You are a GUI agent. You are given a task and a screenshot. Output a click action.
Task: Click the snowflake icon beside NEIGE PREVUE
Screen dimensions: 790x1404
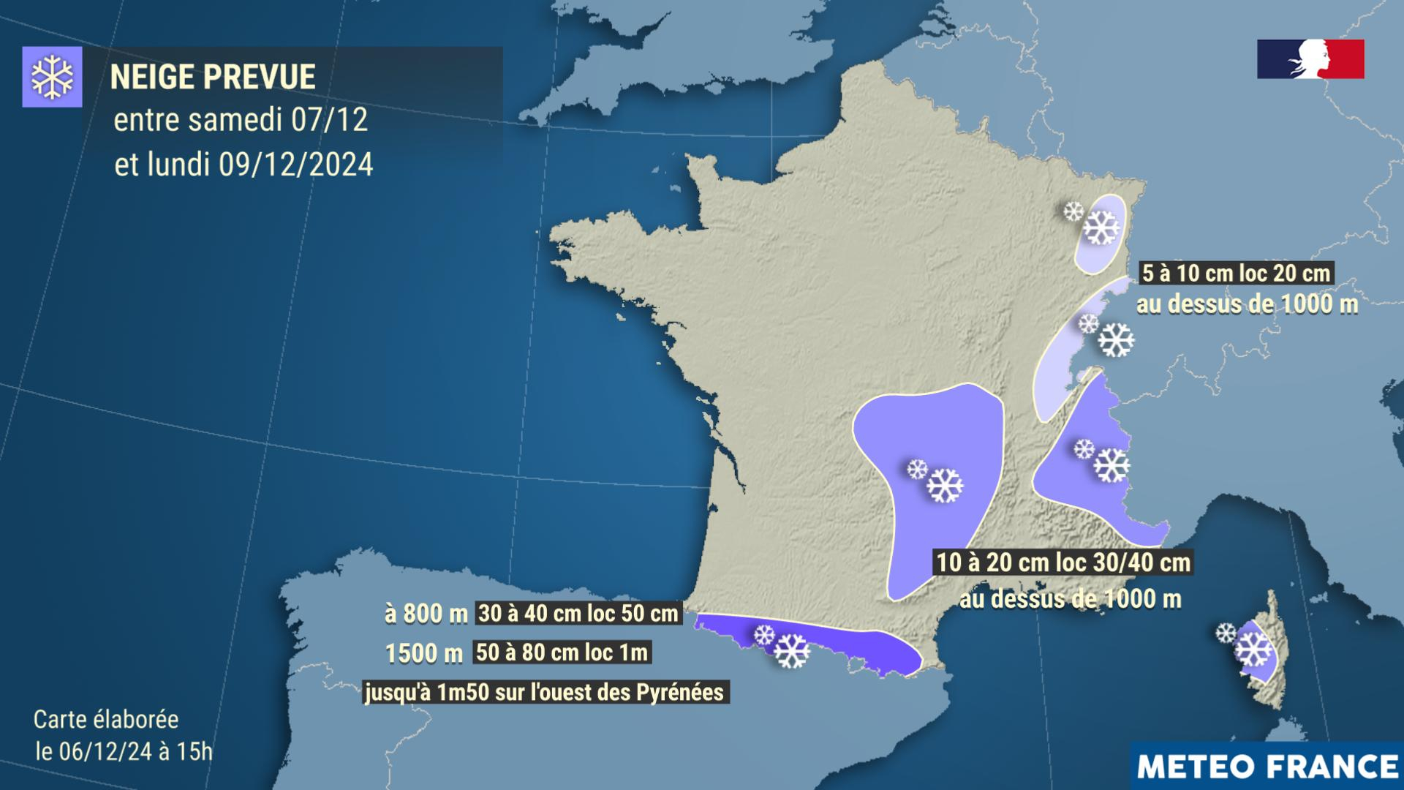(x=52, y=77)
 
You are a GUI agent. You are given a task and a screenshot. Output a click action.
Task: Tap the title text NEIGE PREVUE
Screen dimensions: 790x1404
(x=213, y=77)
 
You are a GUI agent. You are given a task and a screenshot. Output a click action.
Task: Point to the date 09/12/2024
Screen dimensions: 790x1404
(x=296, y=165)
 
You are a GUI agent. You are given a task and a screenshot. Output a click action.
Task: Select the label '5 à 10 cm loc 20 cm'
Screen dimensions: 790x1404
(x=1236, y=274)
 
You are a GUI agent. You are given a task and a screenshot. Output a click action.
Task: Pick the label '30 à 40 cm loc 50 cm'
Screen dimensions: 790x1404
(x=578, y=613)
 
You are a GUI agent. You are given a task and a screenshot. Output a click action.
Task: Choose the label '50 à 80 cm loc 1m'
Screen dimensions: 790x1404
(x=562, y=652)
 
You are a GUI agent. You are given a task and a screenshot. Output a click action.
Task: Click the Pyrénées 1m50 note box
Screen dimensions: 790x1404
(x=545, y=691)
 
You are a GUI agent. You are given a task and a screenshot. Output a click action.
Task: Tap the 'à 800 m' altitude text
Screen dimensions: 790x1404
(x=426, y=614)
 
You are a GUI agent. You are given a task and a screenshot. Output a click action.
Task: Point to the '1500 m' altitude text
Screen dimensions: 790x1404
(x=424, y=652)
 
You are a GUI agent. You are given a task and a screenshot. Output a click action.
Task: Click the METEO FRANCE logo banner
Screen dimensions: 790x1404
(x=1267, y=766)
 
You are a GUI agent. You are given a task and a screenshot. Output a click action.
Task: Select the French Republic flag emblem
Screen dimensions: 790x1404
(x=1310, y=59)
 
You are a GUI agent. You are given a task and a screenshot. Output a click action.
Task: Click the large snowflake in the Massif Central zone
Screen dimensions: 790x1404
(x=945, y=485)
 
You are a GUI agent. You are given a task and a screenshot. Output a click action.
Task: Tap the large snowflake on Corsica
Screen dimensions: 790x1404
(x=1253, y=649)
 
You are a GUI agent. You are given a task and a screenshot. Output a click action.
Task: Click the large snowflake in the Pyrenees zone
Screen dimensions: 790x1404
(x=792, y=650)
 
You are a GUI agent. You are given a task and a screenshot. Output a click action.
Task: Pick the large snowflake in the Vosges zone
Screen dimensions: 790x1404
(x=1101, y=227)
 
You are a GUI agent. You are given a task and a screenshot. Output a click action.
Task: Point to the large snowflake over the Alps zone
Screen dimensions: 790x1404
(x=1111, y=464)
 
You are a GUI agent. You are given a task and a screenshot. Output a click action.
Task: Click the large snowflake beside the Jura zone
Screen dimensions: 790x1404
(x=1116, y=339)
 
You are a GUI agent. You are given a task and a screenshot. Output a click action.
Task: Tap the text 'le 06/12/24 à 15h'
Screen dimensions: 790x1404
(x=124, y=751)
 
